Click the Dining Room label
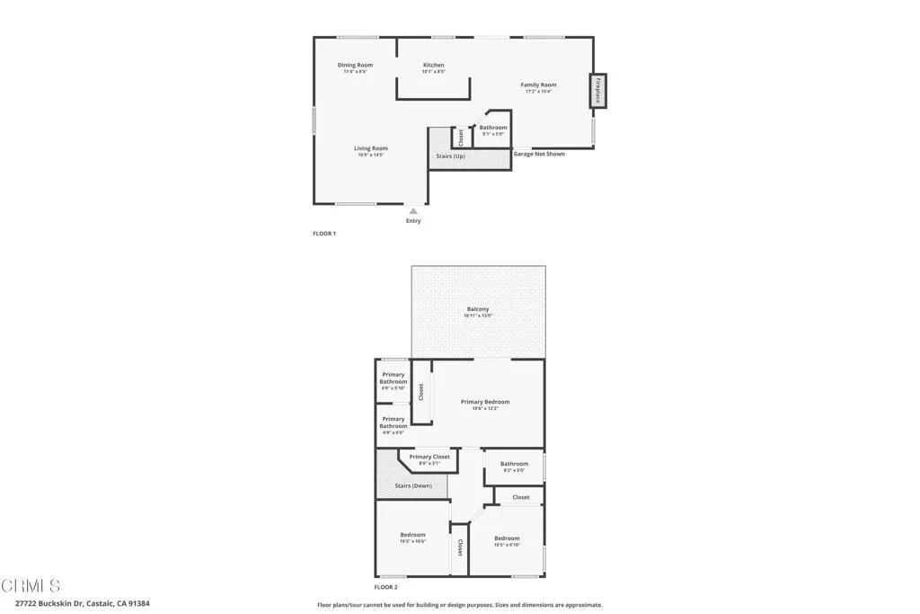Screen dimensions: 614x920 [355, 65]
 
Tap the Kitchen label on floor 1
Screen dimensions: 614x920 [434, 65]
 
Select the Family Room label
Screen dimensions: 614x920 [538, 85]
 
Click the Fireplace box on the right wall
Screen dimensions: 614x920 [597, 91]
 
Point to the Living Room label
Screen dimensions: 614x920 [370, 148]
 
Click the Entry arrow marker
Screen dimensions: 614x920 [413, 211]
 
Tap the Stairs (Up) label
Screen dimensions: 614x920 [451, 156]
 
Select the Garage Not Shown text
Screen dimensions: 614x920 [539, 154]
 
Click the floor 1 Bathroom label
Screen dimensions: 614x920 [493, 128]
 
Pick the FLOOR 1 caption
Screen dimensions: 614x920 [323, 234]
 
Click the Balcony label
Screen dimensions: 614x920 [478, 309]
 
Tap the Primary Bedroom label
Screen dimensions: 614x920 [485, 402]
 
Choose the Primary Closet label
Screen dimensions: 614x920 [429, 457]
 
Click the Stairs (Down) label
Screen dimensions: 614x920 [413, 485]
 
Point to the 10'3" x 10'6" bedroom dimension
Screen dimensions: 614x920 [412, 541]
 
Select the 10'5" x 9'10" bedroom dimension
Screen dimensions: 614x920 [507, 545]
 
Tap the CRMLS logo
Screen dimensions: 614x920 [31, 586]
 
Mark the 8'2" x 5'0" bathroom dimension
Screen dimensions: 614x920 [514, 470]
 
